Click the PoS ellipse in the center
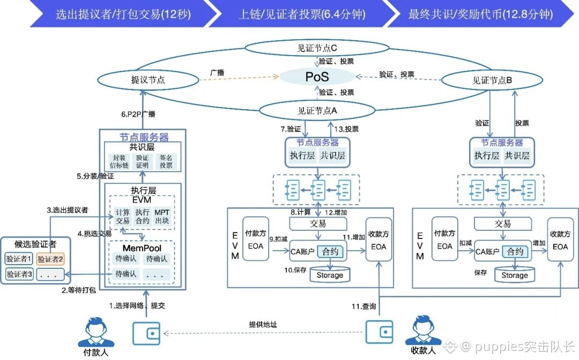[317, 77]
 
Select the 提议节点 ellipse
[148, 80]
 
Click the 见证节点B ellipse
[492, 80]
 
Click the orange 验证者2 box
[50, 259]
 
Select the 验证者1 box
[19, 259]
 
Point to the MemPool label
[142, 248]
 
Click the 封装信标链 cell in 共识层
[120, 161]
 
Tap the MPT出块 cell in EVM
[162, 216]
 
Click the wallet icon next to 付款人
[146, 333]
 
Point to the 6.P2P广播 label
[138, 114]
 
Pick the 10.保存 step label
[295, 270]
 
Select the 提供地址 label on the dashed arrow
[263, 325]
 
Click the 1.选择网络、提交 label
[137, 306]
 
